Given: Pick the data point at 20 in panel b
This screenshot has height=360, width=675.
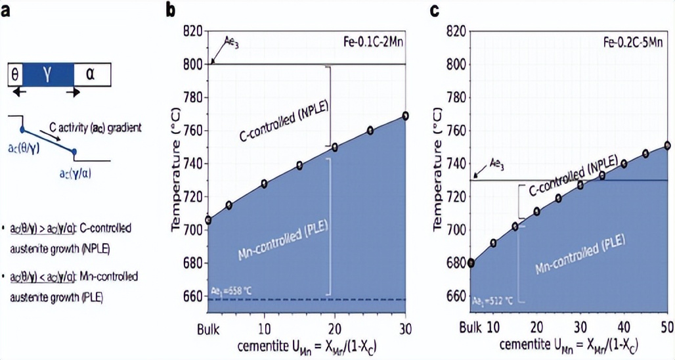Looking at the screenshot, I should tap(335, 147).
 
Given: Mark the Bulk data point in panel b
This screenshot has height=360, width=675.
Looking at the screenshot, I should tap(208, 220).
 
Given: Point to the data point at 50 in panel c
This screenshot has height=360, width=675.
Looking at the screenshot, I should tap(667, 145).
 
